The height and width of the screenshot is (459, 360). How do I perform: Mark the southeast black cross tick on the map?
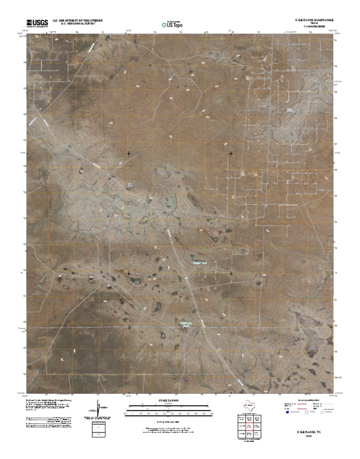231,273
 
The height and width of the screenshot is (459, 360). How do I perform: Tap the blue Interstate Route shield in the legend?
287,413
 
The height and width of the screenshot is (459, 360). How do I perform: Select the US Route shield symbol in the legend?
307,413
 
